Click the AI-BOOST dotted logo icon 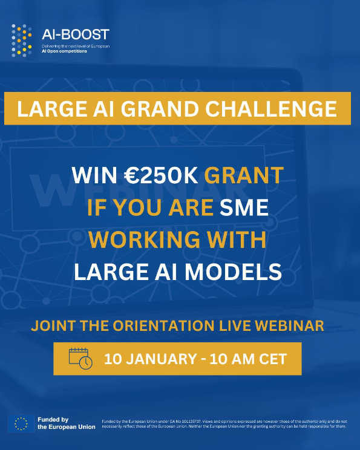[22, 41]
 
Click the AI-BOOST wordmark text [76, 34]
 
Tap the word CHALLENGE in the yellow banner [270, 109]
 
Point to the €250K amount [161, 175]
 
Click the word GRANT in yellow [244, 175]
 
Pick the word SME [244, 207]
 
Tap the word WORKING [144, 240]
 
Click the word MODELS [233, 272]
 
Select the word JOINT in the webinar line [53, 326]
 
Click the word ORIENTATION [163, 326]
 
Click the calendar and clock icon [80, 359]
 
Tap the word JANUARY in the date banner [162, 359]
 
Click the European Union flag [21, 423]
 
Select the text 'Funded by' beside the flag [53, 420]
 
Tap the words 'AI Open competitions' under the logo [64, 51]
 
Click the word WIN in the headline [94, 175]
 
